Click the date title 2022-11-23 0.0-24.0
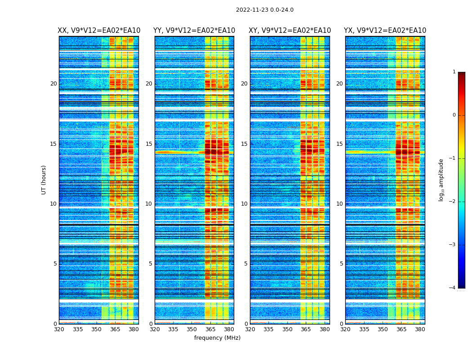264,10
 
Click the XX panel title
99,31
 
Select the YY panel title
194,31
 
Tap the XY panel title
290,31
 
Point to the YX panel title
385,31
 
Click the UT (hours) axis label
44,180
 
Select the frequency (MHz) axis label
217,338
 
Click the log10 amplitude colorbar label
441,180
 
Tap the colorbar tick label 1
454,72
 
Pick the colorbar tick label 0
454,115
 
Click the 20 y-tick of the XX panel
53,84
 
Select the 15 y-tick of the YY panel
149,144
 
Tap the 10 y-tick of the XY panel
244,204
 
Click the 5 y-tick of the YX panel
341,264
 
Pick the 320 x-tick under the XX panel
59,329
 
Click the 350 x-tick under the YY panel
192,329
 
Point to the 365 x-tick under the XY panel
306,329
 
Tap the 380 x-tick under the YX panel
420,329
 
